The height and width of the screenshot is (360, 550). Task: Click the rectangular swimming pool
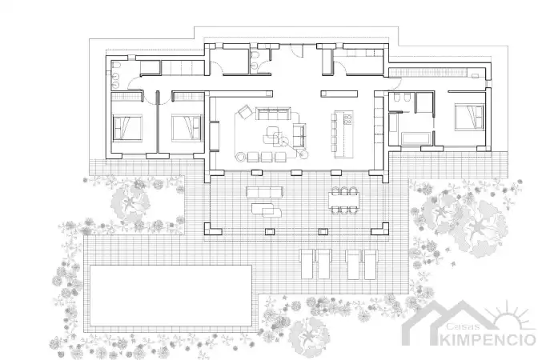[171, 295]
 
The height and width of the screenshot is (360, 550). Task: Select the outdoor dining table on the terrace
[344, 200]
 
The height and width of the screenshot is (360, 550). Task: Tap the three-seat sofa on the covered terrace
[264, 192]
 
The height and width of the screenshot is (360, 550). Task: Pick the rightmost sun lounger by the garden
[370, 264]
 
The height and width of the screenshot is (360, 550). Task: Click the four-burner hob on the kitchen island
[347, 119]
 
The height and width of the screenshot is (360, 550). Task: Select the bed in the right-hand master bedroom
[469, 117]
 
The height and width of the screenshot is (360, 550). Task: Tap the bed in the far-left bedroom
[127, 128]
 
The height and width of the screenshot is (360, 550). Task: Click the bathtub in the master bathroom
[416, 138]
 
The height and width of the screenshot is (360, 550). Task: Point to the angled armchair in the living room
[245, 112]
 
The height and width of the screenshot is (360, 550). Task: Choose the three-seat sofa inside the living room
[273, 114]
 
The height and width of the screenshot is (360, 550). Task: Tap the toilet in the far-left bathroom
[117, 65]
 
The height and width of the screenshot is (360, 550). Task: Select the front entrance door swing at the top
[297, 52]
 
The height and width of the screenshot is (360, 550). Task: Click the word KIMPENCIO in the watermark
[488, 340]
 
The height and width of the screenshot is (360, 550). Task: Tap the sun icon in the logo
[510, 315]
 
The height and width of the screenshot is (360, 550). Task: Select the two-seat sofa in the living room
[299, 135]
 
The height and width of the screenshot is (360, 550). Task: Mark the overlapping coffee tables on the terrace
[267, 210]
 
